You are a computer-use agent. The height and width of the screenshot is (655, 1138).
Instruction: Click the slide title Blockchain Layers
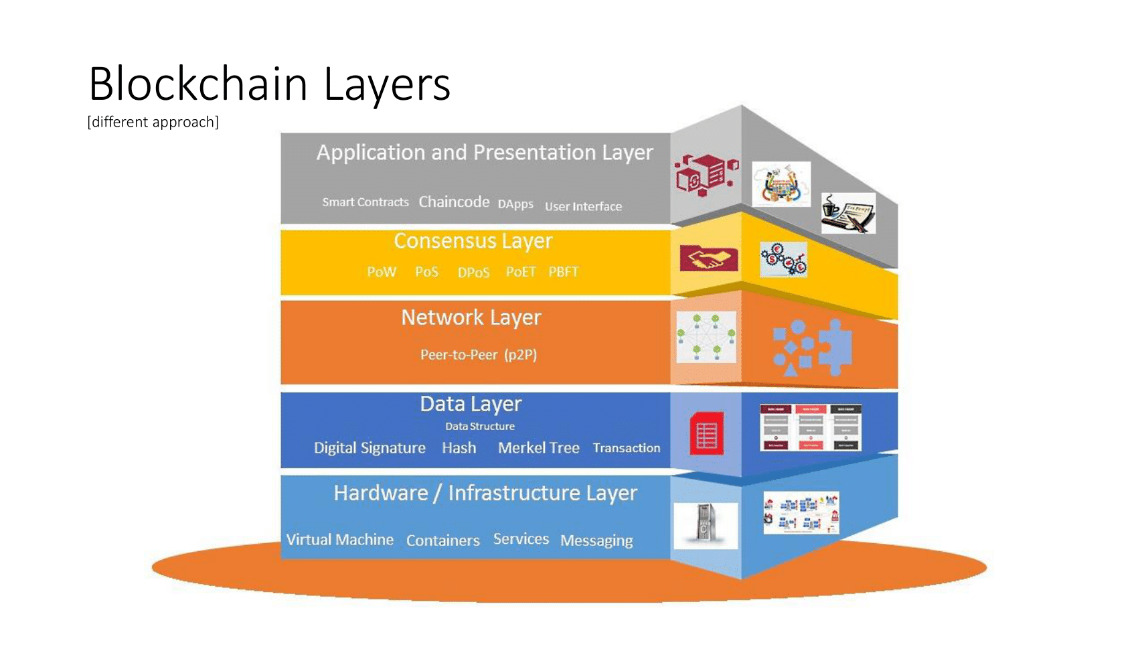coord(269,84)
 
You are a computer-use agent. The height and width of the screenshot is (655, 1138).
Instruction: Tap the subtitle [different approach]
coord(153,122)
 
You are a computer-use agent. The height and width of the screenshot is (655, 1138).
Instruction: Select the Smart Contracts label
coord(365,202)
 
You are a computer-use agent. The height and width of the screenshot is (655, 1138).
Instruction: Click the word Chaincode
coord(454,202)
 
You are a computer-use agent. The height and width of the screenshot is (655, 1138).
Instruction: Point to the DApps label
coord(515,204)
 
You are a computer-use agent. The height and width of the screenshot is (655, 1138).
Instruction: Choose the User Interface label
coord(583,206)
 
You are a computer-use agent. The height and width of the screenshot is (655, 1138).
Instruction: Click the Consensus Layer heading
coord(473,241)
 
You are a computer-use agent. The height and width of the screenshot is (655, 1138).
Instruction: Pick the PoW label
coord(382,272)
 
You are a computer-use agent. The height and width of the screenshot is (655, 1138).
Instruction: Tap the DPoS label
coord(473,273)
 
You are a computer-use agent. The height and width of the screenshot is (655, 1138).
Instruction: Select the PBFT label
coord(563,272)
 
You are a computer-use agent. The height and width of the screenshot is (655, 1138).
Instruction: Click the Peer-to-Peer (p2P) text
coord(478,354)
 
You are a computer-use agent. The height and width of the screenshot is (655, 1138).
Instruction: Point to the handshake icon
coord(708,259)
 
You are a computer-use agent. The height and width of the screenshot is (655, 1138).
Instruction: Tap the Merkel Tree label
coord(538,448)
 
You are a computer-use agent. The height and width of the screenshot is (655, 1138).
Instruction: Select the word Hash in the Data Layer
coord(459,448)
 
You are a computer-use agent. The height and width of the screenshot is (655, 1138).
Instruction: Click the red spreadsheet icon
coord(707,433)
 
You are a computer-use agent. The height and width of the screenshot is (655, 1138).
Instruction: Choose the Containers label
coord(442,540)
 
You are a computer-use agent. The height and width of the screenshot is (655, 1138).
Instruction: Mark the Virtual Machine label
coord(339,540)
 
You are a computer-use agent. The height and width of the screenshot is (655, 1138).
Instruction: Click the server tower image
coord(705,525)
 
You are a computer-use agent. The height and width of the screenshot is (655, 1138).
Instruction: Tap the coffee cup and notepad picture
coord(848,213)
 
